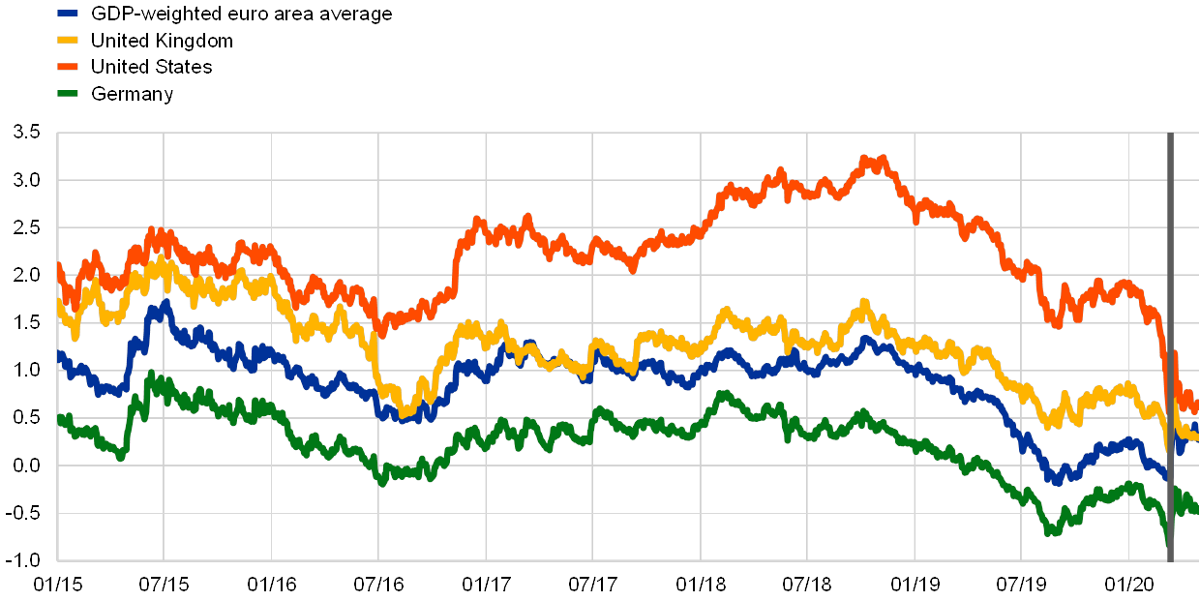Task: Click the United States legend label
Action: pyautogui.click(x=151, y=67)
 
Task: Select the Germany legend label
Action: pyautogui.click(x=132, y=94)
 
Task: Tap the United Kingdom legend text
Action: pyautogui.click(x=161, y=41)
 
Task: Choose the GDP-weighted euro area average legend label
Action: pyautogui.click(x=241, y=14)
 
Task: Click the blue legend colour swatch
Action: pyautogui.click(x=69, y=14)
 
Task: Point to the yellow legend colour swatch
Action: pyautogui.click(x=69, y=41)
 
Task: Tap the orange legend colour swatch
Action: pyautogui.click(x=69, y=67)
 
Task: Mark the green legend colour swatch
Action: pyautogui.click(x=69, y=94)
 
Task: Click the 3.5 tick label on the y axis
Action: pyautogui.click(x=26, y=133)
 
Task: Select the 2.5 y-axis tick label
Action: pyautogui.click(x=26, y=227)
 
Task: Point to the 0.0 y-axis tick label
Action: pyautogui.click(x=26, y=466)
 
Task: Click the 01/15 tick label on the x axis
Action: pyautogui.click(x=57, y=585)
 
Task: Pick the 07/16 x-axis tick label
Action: pyautogui.click(x=378, y=585)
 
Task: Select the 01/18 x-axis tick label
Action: pyautogui.click(x=700, y=585)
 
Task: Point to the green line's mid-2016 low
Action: pyautogui.click(x=382, y=479)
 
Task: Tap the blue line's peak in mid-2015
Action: pyautogui.click(x=166, y=306)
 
